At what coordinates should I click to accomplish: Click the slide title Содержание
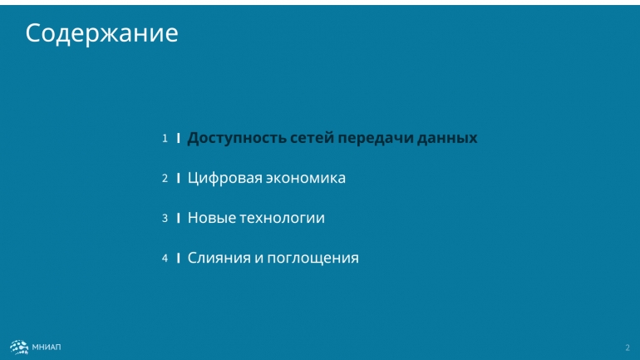click(101, 33)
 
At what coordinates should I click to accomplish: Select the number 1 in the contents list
click(165, 138)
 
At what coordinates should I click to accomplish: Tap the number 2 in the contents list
click(165, 179)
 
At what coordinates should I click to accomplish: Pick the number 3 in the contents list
click(165, 219)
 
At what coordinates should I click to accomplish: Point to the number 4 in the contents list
click(165, 259)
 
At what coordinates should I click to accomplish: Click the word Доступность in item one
click(237, 138)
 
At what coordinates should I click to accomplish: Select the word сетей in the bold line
click(313, 138)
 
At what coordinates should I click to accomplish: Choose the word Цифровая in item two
click(225, 178)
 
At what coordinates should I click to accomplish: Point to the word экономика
click(306, 179)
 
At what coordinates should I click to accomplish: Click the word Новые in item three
click(212, 218)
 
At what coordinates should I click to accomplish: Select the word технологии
click(282, 219)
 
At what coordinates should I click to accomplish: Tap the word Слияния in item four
click(219, 258)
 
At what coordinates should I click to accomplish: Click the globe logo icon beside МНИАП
click(19, 348)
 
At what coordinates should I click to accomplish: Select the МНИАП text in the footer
click(47, 348)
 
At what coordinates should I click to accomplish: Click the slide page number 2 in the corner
click(628, 348)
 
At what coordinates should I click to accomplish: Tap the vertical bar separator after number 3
click(179, 219)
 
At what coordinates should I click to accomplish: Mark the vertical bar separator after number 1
click(179, 138)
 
